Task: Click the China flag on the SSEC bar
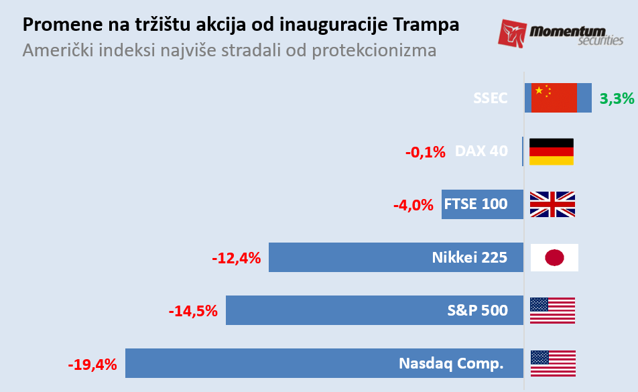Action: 554,98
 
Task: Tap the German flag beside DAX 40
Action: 552,151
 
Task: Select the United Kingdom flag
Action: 552,204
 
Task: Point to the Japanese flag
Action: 554,257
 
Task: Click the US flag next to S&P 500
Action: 552,310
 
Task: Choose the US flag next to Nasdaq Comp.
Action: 553,363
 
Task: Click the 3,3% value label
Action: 617,99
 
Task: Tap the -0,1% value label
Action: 425,152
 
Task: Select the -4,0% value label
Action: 413,205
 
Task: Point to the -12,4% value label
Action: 236,258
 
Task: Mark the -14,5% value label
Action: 193,311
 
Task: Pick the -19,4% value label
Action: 92,365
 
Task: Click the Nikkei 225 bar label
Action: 469,257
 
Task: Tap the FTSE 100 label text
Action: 476,204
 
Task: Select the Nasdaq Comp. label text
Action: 450,364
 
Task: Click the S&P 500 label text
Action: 477,310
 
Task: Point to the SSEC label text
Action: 491,98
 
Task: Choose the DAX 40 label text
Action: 481,151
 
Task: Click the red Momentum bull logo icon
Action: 513,33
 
